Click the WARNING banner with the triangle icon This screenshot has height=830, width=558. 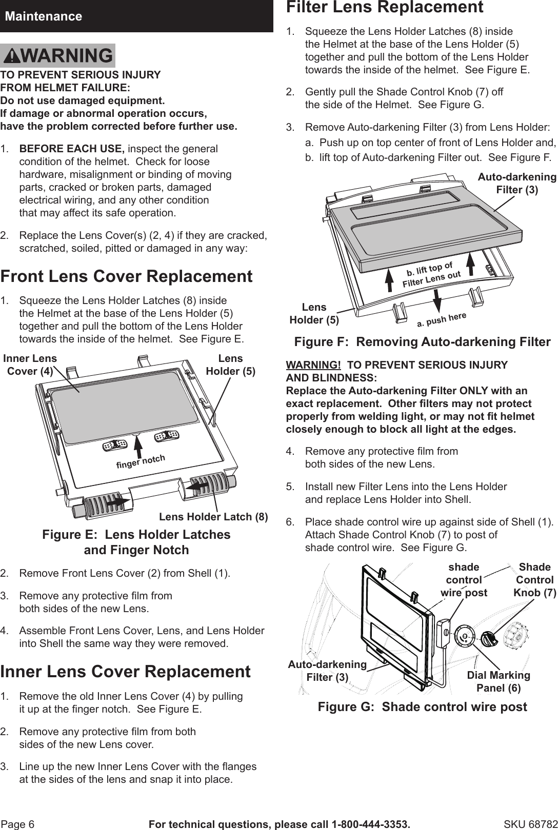click(58, 55)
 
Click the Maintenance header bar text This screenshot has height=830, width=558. click(44, 16)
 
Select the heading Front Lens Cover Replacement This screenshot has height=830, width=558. click(126, 276)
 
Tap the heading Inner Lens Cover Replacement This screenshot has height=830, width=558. click(125, 672)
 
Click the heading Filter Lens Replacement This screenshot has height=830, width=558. click(384, 8)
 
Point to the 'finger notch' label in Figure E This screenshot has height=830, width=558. click(141, 460)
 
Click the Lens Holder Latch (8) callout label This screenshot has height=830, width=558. click(213, 517)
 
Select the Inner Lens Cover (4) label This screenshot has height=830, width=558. click(30, 365)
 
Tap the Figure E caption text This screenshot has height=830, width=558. click(136, 542)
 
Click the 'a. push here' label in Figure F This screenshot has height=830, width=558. click(441, 319)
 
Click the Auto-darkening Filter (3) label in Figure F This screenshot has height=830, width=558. click(516, 184)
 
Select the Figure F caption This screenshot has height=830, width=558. click(422, 342)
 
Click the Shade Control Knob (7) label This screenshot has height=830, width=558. click(534, 580)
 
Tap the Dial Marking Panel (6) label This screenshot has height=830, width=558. click(498, 681)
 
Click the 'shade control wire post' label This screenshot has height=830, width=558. click(464, 580)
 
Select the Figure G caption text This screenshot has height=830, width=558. click(422, 707)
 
